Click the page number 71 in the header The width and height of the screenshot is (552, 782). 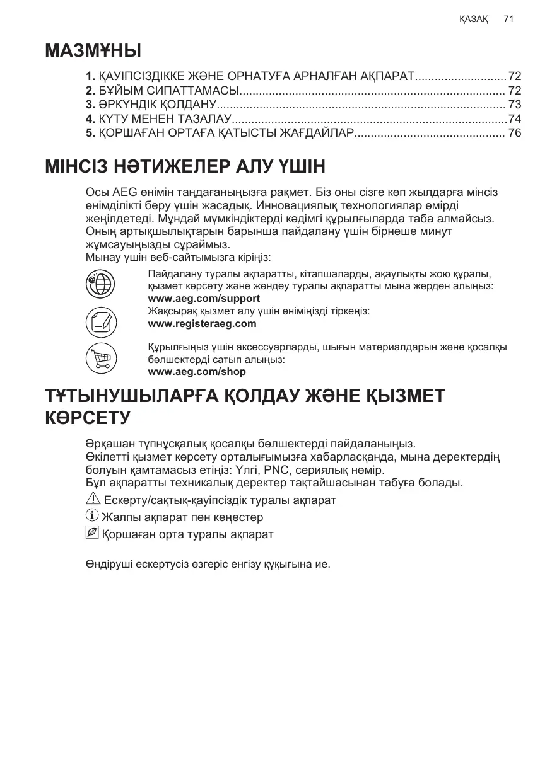click(x=509, y=20)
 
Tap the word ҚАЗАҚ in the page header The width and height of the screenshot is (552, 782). click(x=474, y=20)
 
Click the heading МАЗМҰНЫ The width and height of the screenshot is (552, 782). click(x=93, y=50)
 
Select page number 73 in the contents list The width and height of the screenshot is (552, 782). click(x=515, y=104)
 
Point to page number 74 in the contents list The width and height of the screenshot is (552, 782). click(x=515, y=118)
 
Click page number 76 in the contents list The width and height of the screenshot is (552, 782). click(x=515, y=133)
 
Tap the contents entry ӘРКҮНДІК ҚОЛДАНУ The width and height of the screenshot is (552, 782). click(x=157, y=104)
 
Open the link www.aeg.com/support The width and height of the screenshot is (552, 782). click(x=204, y=299)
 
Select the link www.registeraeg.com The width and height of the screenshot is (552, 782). click(x=202, y=324)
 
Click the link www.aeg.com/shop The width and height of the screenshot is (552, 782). click(x=197, y=372)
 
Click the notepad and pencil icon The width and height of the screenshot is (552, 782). click(x=101, y=321)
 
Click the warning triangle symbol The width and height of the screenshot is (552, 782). click(x=92, y=499)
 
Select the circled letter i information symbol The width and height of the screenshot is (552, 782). click(x=92, y=516)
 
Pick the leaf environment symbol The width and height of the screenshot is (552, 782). click(x=92, y=533)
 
